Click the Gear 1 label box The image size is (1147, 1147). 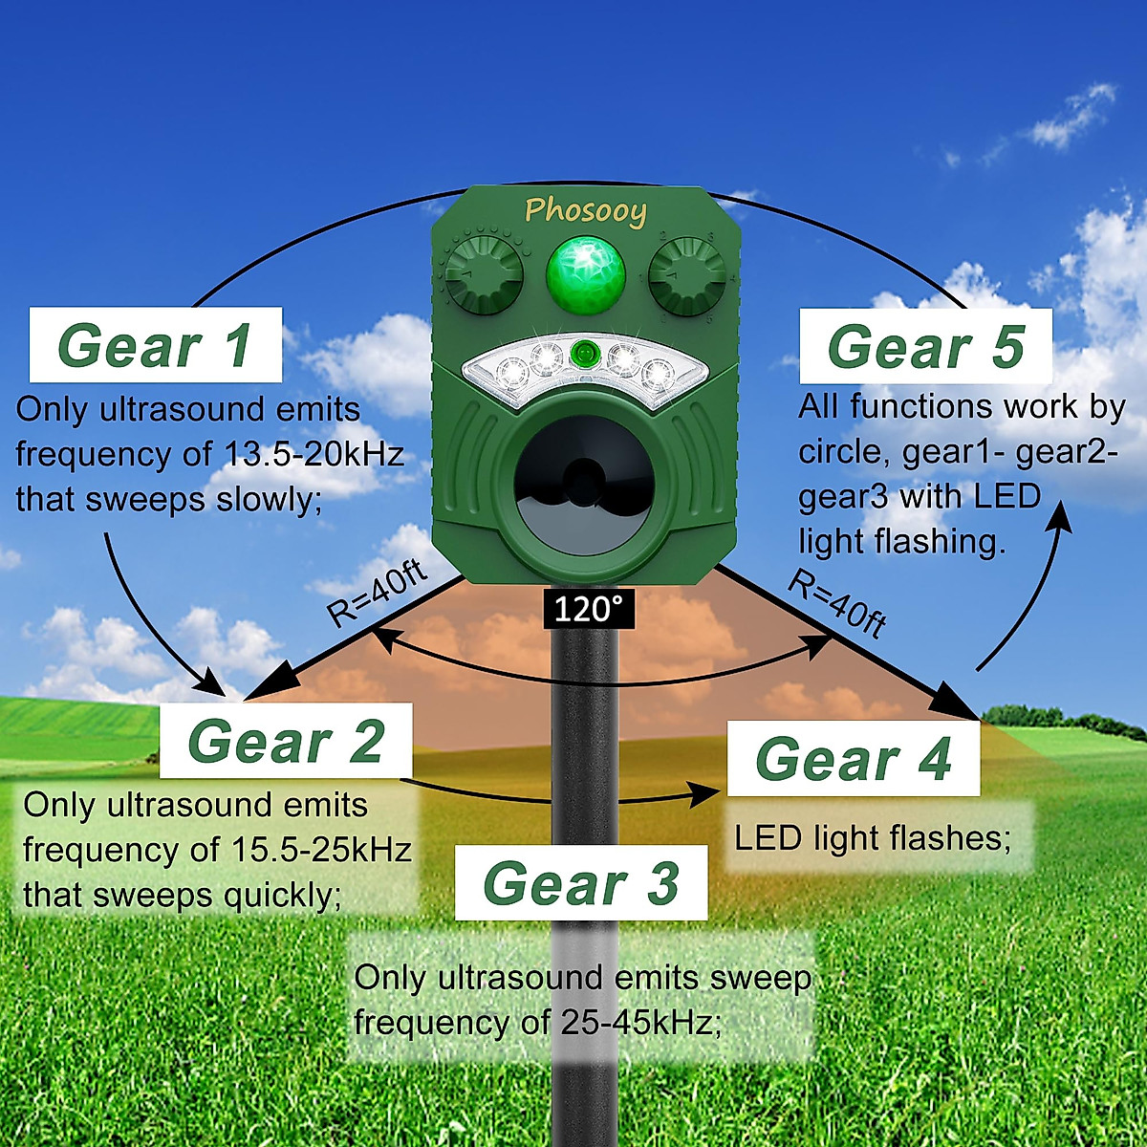tap(156, 345)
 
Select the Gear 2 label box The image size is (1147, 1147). tap(286, 741)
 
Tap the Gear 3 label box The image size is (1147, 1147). tap(581, 882)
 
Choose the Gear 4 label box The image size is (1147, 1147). tap(854, 759)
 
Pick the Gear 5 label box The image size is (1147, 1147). tap(925, 345)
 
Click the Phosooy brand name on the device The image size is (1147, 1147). tap(585, 210)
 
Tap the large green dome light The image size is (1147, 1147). tap(585, 275)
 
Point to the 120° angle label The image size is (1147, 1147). tap(587, 609)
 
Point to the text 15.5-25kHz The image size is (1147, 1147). tap(322, 849)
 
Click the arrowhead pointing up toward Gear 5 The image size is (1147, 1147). tap(1062, 516)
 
